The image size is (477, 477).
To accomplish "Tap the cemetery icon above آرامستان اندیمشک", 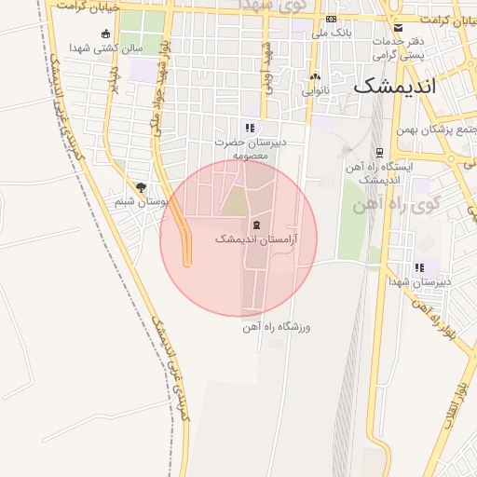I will pos(256,226).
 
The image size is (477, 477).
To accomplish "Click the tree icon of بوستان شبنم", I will pos(141,187).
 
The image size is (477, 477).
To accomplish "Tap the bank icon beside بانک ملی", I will pos(331,19).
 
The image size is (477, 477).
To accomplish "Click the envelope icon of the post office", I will pos(399,27).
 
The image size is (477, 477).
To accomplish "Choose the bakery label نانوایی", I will pos(315,91).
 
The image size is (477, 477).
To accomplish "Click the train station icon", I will pos(378,153).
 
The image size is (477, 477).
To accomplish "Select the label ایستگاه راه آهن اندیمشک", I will pos(378,172).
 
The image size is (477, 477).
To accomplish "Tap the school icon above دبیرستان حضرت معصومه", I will pos(249,128).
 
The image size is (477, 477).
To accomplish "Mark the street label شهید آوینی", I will pos(269,59).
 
